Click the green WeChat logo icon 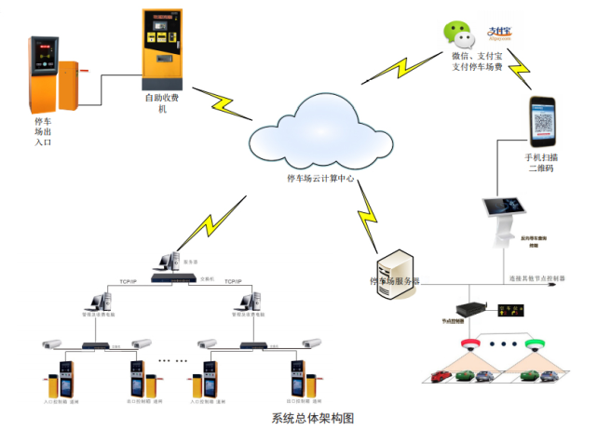[x=456, y=36]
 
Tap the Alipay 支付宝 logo [x=501, y=34]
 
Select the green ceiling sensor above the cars [x=535, y=345]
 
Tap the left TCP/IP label [x=129, y=279]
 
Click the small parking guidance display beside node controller [x=510, y=308]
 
